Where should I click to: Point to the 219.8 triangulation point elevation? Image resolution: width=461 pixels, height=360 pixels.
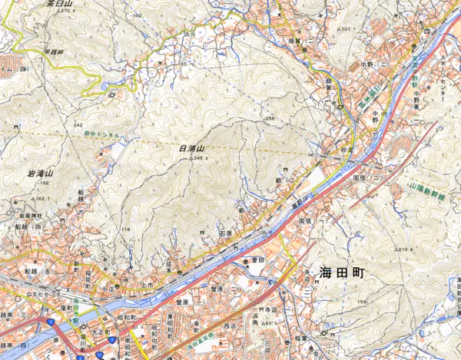coord(419,250)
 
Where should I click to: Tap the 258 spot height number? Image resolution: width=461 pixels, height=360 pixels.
coord(270,119)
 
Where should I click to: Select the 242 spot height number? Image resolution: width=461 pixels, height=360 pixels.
coord(78,124)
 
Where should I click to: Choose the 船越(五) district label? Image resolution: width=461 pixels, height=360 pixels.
coord(35,271)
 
